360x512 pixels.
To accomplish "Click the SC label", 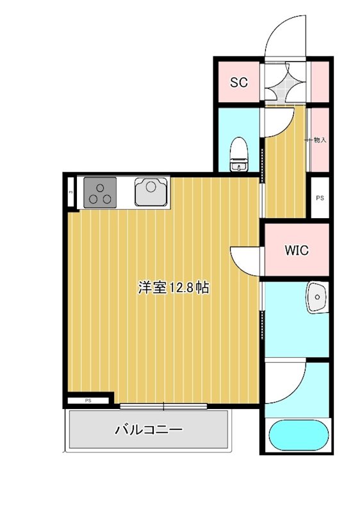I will point(239,82).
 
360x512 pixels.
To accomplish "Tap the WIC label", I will point(296,250).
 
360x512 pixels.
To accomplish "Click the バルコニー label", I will point(149,429).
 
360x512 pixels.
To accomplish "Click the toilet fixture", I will point(239,154).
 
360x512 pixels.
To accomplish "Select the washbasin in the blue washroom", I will point(316,295).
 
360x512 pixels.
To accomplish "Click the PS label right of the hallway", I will point(319,198).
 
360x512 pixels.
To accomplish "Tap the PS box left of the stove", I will point(70,191).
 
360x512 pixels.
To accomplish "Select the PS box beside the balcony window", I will point(88,401).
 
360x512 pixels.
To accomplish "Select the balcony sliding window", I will point(163,405).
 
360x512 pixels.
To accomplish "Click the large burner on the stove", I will point(101,188).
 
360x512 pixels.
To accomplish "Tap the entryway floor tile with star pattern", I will point(284,82).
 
